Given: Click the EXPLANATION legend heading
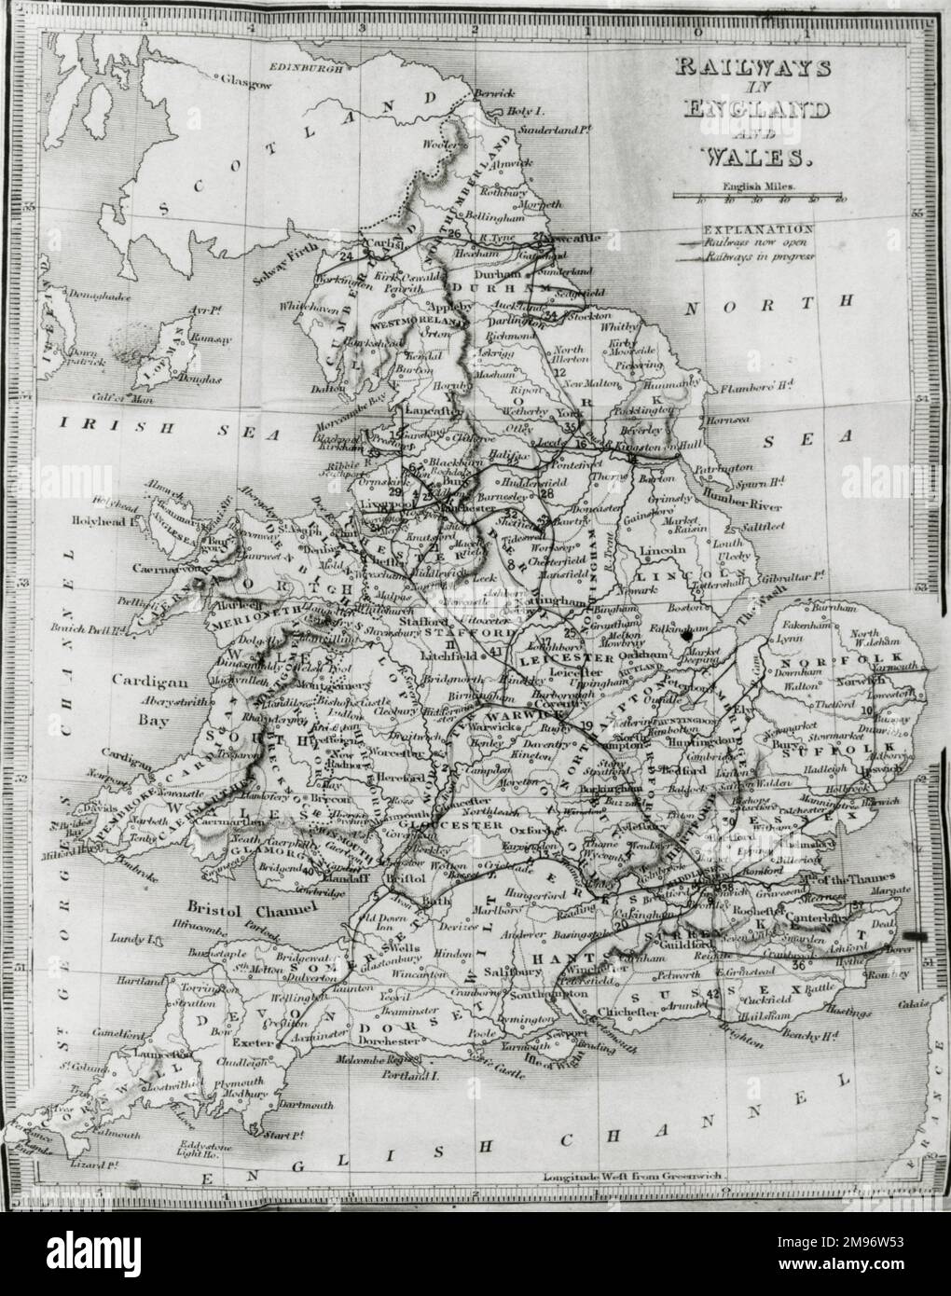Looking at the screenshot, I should (757, 227).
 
